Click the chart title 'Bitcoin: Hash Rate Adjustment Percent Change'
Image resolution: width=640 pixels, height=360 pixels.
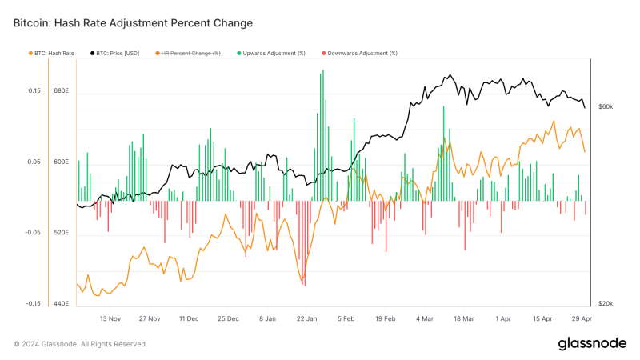133,23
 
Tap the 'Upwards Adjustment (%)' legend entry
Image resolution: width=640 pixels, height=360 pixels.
272,53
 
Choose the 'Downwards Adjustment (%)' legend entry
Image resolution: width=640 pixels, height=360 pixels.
361,53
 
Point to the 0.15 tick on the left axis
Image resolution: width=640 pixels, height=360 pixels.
34,90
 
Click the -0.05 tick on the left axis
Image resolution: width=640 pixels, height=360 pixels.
33,233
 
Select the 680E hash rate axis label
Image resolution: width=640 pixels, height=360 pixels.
61,90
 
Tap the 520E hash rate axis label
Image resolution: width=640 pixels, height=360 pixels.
61,233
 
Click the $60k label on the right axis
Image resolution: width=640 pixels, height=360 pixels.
605,106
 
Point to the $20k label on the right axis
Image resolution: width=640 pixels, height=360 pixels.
605,304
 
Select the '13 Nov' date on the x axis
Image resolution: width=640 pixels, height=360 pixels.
110,318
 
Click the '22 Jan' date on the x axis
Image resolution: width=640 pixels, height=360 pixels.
306,318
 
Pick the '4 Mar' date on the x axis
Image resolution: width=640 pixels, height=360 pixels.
425,318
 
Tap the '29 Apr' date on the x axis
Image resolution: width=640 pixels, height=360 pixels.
581,318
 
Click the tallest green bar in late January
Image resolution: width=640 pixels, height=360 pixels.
322,136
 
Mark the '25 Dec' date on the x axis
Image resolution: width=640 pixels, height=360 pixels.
228,318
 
